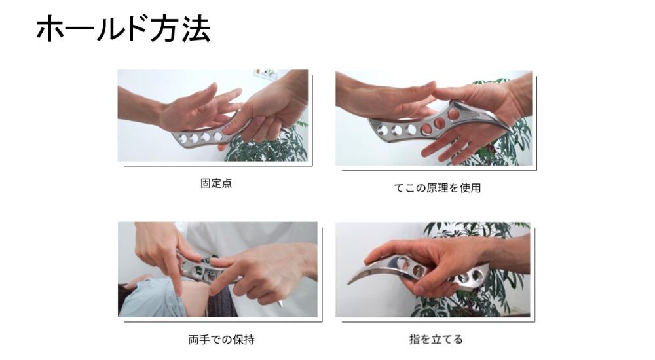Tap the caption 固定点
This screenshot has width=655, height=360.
click(x=216, y=183)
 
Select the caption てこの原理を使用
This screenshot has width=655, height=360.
click(x=438, y=188)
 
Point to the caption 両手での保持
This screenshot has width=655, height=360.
click(x=221, y=340)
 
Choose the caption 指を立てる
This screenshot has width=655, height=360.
click(x=436, y=339)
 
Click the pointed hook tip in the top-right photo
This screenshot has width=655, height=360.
click(x=512, y=132)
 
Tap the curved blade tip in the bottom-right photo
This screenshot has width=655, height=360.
click(x=350, y=283)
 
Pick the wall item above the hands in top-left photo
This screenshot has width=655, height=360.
click(x=266, y=74)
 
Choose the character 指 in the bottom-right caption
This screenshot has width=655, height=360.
click(x=415, y=339)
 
